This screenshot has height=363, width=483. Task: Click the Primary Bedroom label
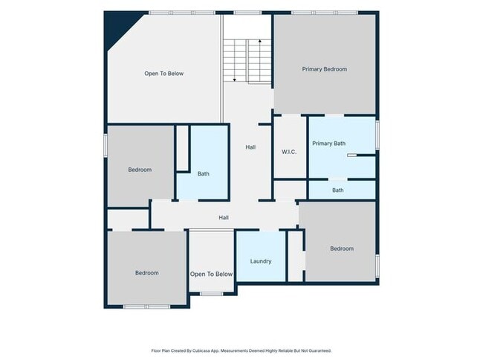tap(325, 69)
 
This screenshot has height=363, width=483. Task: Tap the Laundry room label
tap(261, 261)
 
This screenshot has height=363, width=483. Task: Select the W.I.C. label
tap(289, 152)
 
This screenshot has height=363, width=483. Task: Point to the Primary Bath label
tap(328, 144)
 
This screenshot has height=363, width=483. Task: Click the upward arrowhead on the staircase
tap(259, 41)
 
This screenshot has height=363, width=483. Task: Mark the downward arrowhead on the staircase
tap(234, 80)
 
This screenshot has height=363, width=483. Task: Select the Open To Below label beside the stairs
tap(164, 74)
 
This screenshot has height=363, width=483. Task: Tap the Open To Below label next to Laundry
tap(211, 274)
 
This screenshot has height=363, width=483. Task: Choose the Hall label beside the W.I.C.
tap(250, 147)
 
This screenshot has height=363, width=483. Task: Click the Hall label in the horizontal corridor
tap(224, 217)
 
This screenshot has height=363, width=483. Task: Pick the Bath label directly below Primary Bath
tap(338, 190)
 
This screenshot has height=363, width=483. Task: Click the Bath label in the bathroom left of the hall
tap(204, 173)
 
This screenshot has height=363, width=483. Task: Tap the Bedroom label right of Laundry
tap(342, 248)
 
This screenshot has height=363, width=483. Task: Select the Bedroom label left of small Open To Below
tap(147, 273)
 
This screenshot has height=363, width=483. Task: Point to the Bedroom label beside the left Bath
tap(140, 170)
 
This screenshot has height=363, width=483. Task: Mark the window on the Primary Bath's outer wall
tap(377, 135)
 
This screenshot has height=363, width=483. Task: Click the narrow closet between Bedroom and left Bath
tap(183, 148)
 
